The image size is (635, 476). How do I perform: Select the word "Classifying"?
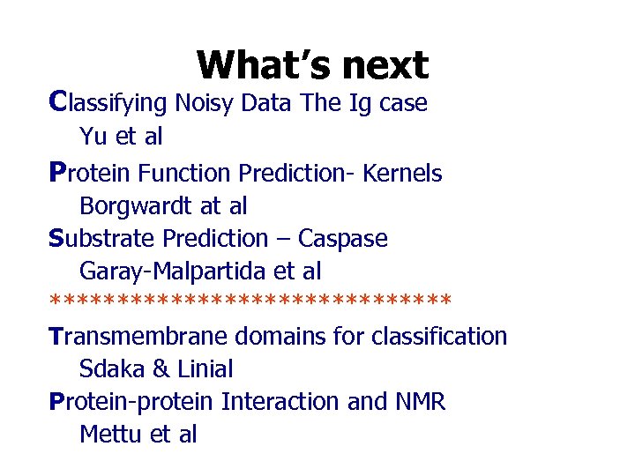(108, 103)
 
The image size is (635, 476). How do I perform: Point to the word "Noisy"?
(205, 103)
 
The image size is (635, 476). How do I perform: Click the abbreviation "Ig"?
(360, 103)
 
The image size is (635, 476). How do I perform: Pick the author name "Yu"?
(93, 137)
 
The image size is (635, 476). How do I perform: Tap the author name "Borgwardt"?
(138, 206)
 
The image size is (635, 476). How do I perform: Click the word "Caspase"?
(342, 239)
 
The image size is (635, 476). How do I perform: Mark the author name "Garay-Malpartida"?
(176, 271)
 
